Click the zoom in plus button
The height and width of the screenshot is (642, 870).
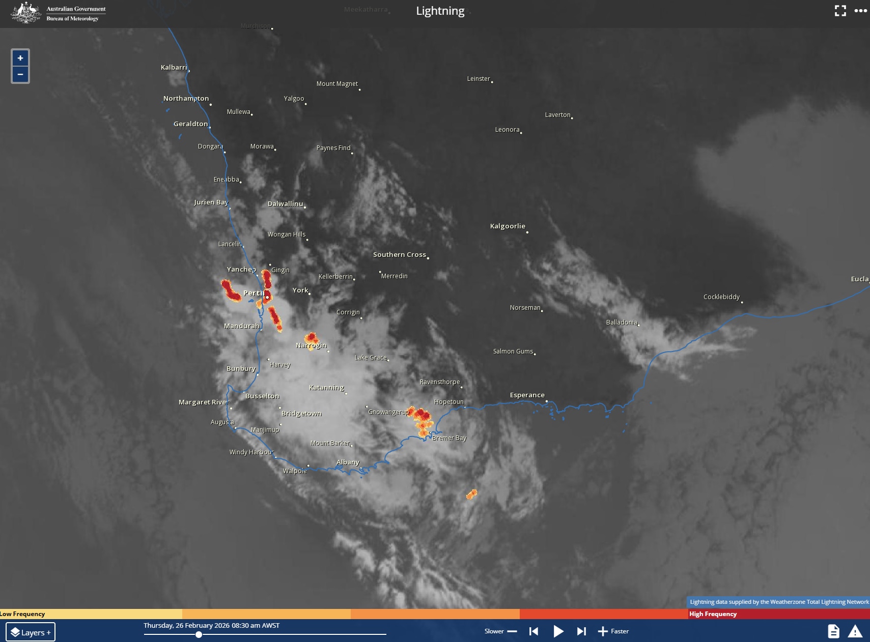20,58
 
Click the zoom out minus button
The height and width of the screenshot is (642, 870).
20,74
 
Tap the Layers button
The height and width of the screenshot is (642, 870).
31,632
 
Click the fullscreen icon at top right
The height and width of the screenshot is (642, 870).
840,11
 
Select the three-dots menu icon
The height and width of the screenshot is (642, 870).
860,11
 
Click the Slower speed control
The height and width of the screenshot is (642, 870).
500,631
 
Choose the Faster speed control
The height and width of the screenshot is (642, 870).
613,631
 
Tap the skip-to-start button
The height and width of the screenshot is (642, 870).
534,631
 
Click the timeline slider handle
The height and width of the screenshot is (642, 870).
199,634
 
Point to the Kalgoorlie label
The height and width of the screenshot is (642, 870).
508,226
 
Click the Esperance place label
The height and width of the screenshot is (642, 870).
527,395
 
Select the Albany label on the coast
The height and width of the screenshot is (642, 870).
348,462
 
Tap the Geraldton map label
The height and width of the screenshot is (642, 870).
190,124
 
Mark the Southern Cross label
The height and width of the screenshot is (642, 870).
399,254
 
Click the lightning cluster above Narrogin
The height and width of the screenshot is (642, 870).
311,338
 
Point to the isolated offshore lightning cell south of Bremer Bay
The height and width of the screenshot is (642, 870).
472,494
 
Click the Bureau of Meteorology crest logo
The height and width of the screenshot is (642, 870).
26,13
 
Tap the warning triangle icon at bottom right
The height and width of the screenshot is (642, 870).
855,631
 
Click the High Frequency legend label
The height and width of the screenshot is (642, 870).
713,614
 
